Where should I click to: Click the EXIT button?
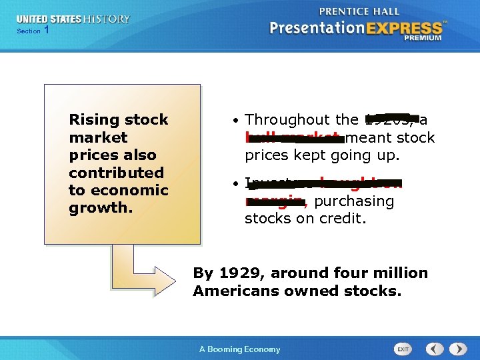tap(403, 349)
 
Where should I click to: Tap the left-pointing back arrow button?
tap(435, 349)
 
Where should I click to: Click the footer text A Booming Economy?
tap(240, 349)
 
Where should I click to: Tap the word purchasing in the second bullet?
tap(354, 201)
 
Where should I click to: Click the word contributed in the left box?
tap(116, 173)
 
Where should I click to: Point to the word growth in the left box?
tap(99, 207)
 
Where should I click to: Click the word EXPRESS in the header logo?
tap(407, 28)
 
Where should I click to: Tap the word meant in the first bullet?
tap(367, 137)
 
